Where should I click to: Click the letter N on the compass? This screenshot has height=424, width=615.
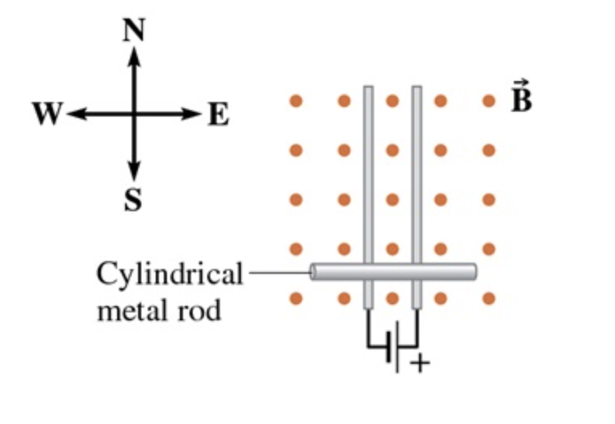click(134, 31)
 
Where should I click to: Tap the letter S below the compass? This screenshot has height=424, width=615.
click(133, 200)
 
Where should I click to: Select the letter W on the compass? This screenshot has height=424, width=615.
click(47, 116)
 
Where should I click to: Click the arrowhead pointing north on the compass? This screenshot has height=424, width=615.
click(134, 55)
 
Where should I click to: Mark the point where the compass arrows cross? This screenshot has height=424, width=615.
click(134, 114)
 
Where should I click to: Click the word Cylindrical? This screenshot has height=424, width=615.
click(169, 275)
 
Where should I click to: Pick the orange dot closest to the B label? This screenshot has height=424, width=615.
click(489, 101)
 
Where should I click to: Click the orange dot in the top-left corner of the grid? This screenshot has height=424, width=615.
click(295, 101)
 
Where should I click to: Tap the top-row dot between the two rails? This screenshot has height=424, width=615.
click(393, 101)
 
